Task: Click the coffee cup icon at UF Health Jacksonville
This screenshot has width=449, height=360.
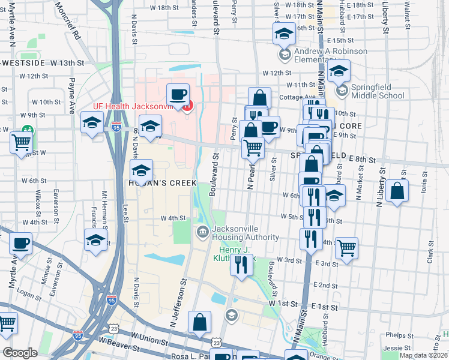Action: [178, 95]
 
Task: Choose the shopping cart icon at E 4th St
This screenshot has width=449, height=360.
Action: [346, 247]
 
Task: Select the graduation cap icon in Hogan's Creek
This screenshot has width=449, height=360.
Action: [142, 170]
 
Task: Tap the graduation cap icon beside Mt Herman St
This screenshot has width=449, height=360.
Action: [96, 240]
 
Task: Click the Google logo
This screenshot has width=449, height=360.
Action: [20, 353]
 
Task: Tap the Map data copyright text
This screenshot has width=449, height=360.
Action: [423, 355]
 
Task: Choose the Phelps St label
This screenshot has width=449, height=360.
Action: [396, 335]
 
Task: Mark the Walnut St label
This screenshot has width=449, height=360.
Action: [406, 12]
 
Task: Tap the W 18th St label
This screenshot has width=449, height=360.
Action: [160, 8]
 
